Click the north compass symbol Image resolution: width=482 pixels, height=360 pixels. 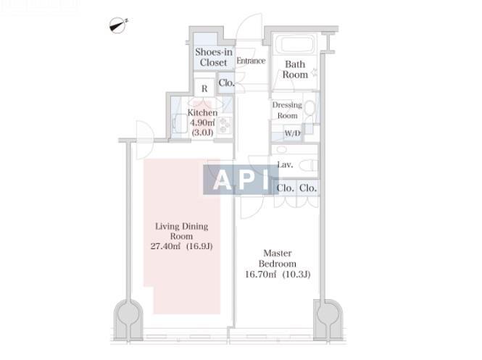(x=117, y=25)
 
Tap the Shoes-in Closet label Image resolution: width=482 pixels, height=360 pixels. (x=214, y=57)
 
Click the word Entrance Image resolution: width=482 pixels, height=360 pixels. (x=251, y=61)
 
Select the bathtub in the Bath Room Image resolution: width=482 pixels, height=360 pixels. (x=296, y=43)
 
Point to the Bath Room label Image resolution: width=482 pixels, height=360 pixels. (x=295, y=70)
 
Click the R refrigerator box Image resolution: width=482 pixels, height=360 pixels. (x=204, y=88)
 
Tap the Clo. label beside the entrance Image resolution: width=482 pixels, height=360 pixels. (x=226, y=83)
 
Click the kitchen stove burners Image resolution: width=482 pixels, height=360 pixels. (x=225, y=125)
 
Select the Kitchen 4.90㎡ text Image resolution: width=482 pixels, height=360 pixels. (x=202, y=122)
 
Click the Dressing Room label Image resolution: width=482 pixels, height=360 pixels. (x=287, y=110)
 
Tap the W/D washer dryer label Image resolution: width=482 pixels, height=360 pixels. (x=292, y=133)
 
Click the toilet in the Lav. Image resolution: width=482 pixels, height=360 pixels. (x=308, y=165)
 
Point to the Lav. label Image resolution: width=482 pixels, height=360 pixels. (x=285, y=164)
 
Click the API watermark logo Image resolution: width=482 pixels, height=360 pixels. (x=241, y=180)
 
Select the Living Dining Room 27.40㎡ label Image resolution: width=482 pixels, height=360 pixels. (x=182, y=236)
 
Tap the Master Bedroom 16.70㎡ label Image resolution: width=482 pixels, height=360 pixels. (x=278, y=264)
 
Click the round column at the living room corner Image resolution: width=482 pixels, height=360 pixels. (x=128, y=314)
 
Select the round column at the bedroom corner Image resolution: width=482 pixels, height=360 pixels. (x=328, y=314)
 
